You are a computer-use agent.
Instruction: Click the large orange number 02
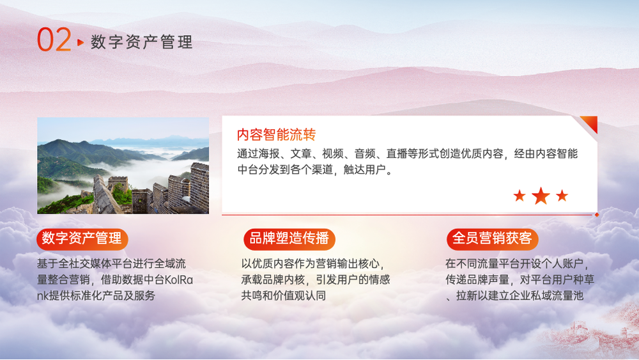(54, 40)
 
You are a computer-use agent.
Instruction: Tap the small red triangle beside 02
(81, 42)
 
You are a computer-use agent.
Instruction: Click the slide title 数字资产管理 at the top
(141, 42)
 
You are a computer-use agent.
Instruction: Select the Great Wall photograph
(123, 166)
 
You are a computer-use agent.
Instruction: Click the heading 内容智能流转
(276, 134)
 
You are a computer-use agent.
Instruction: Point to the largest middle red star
(541, 196)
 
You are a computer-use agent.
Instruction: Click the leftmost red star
(519, 196)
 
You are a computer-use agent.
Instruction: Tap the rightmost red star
(562, 196)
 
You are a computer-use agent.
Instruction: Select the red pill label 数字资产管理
(82, 239)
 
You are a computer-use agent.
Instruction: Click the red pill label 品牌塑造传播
(289, 239)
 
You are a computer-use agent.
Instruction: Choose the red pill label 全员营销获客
(492, 239)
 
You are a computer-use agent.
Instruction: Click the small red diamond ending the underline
(597, 214)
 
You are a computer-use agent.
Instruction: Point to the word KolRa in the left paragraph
(178, 279)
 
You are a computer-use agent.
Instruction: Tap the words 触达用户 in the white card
(364, 169)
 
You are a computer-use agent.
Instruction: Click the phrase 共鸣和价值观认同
(284, 295)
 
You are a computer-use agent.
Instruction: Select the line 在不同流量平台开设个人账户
(514, 264)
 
